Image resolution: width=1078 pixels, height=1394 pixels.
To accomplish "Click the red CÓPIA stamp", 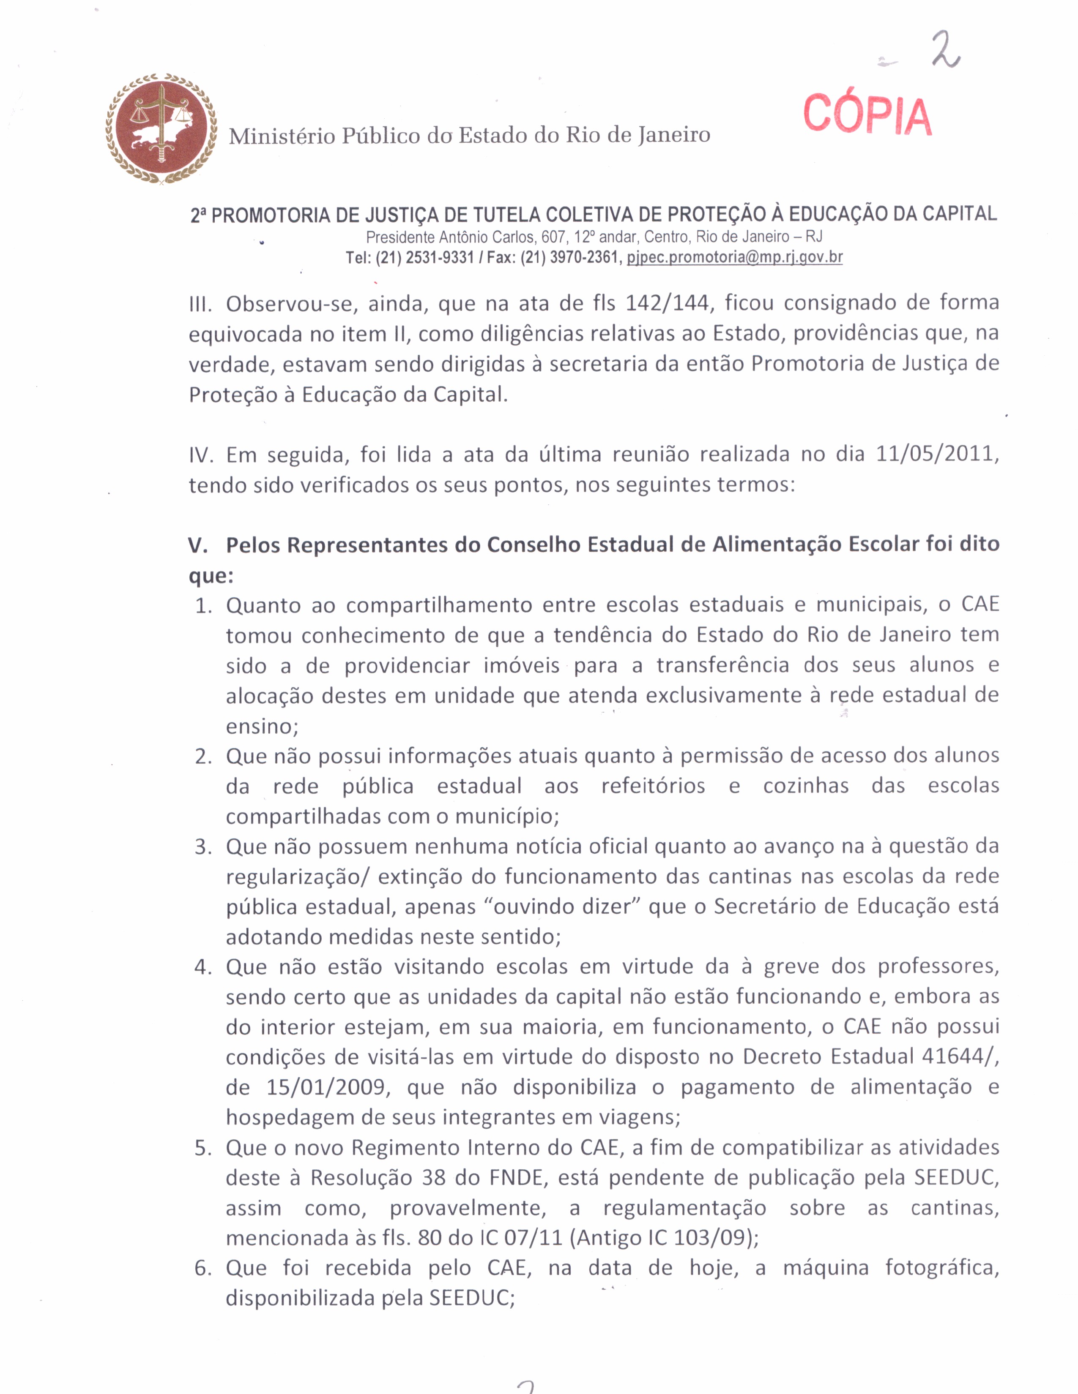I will (867, 115).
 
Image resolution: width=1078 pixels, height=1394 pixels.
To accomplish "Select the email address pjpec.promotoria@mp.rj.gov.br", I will (734, 257).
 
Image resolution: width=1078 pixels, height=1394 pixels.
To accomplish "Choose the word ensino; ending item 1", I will (262, 726).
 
